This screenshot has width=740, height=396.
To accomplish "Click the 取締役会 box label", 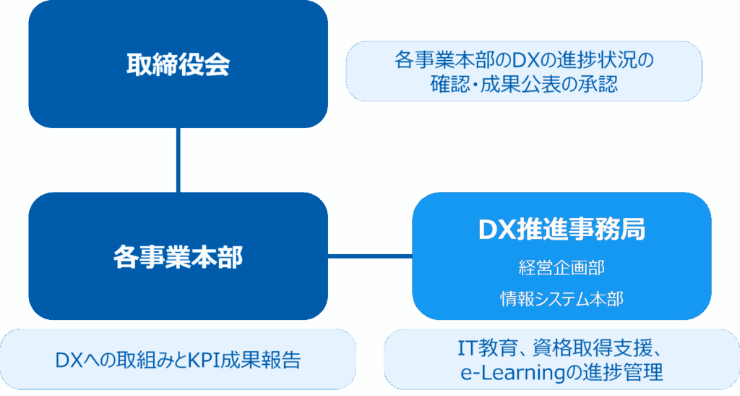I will coord(178,65).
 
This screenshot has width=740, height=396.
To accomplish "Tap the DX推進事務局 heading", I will coord(562,229).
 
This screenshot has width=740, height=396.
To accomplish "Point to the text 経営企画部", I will coord(562,267).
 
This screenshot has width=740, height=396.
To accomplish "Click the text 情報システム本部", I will coord(562,298).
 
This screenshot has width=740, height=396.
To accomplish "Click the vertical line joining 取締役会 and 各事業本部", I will coord(178,160).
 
